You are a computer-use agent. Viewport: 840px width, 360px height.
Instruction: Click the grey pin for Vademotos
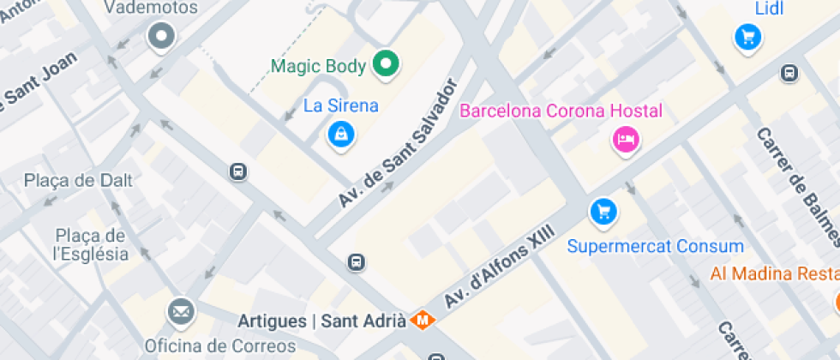pyautogui.click(x=160, y=37)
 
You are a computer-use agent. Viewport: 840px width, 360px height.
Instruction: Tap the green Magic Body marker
pyautogui.click(x=387, y=64)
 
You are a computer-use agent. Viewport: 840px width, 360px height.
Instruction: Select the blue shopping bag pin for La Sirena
pyautogui.click(x=341, y=134)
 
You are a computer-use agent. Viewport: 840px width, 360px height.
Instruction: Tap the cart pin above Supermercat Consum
pyautogui.click(x=604, y=211)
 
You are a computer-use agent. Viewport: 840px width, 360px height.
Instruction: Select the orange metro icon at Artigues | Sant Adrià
pyautogui.click(x=422, y=321)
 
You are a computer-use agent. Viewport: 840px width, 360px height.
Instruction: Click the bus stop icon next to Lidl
pyautogui.click(x=789, y=74)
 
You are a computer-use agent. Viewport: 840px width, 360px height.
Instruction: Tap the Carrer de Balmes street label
pyautogui.click(x=798, y=186)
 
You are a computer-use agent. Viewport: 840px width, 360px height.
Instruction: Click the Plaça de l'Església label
pyautogui.click(x=90, y=244)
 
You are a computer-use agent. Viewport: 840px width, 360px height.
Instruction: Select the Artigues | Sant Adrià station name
pyautogui.click(x=321, y=321)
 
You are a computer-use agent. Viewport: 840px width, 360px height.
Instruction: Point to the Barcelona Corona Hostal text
pyautogui.click(x=561, y=111)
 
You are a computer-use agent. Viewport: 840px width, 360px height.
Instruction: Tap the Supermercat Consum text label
pyautogui.click(x=656, y=247)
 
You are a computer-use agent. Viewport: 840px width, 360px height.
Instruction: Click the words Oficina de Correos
pyautogui.click(x=219, y=346)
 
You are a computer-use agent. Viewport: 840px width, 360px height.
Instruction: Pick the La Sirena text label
pyautogui.click(x=341, y=105)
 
